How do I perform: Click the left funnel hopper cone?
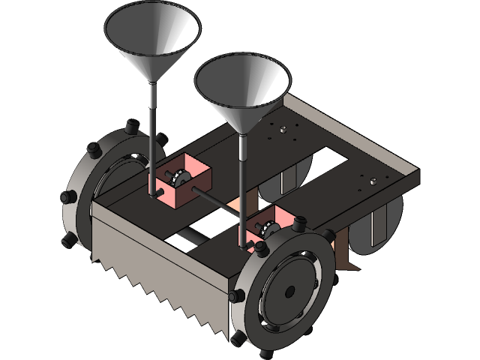152,41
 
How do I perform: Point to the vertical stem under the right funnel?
241,180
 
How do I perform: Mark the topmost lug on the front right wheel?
300,223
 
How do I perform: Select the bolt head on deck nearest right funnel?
283,130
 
